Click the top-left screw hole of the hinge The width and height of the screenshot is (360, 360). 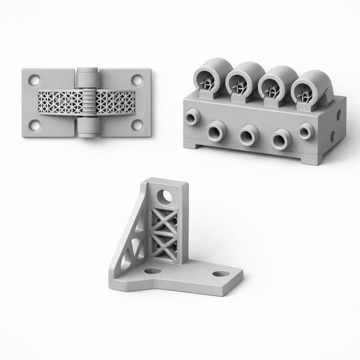pos(34,80)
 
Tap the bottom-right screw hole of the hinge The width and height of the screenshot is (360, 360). pos(137,125)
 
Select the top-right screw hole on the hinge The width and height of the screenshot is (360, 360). pos(137,80)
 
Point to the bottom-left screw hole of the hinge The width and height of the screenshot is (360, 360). pos(34,125)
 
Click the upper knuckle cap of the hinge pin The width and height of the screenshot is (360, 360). pos(87,76)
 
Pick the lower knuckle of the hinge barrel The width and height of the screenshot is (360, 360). pos(87,127)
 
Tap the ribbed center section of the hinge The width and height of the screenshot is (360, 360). pos(89,102)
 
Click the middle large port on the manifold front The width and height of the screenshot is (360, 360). pos(249,135)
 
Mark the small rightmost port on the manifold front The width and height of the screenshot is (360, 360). pos(306,131)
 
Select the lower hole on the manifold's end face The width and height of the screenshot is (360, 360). pos(332,136)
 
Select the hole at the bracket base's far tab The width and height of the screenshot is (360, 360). pos(221,274)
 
